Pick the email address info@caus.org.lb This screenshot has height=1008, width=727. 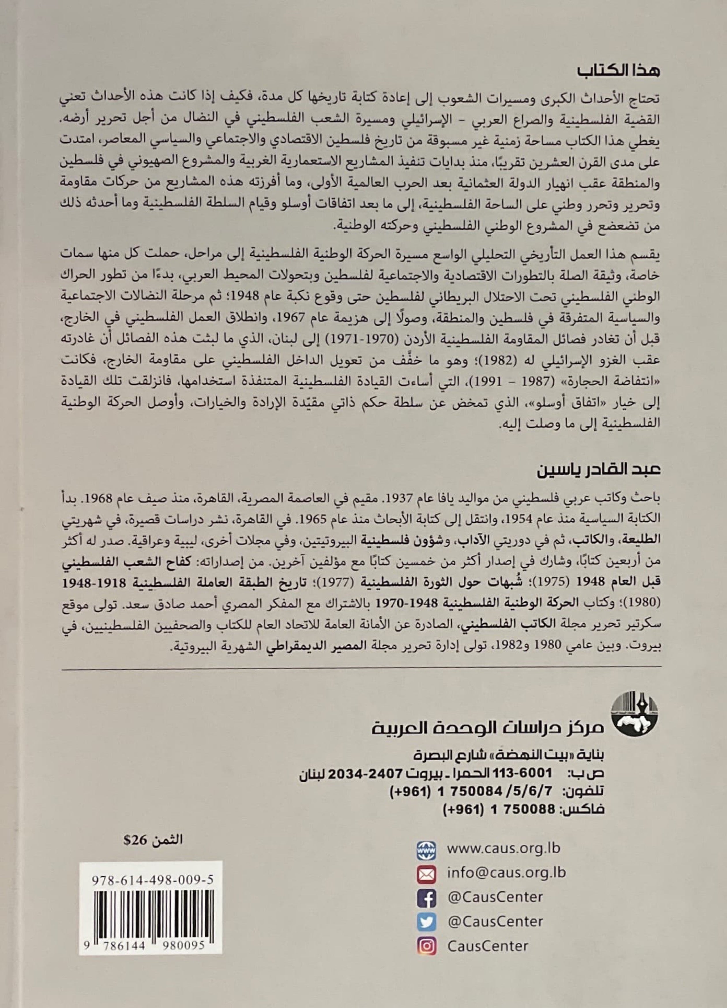(x=506, y=872)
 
